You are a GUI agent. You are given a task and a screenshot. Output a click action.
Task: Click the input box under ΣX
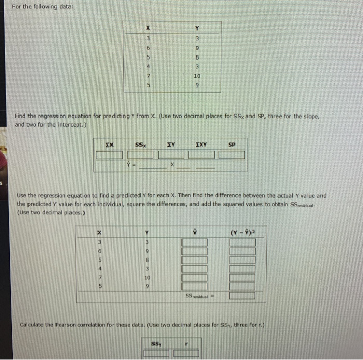[x=109, y=154]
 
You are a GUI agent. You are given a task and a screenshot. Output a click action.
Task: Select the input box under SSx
[x=141, y=154]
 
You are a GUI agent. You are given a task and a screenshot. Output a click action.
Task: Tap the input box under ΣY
[x=172, y=154]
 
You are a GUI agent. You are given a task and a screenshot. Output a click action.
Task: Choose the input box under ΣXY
[x=202, y=154]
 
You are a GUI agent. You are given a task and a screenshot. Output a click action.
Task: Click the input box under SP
[x=231, y=154]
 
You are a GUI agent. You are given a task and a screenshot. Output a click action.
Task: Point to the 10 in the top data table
[x=197, y=76]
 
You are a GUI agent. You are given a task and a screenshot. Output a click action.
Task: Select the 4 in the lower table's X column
[x=100, y=268]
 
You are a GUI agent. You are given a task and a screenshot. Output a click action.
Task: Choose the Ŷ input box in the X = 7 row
[x=194, y=277]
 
